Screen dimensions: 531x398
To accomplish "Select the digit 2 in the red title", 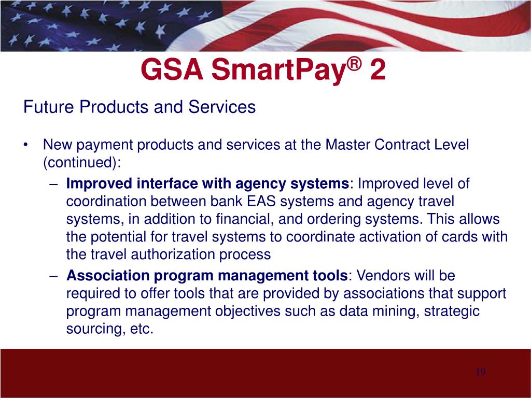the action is (x=378, y=69).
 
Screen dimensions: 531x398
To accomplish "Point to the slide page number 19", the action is (x=481, y=372).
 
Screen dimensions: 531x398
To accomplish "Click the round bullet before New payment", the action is (x=25, y=146).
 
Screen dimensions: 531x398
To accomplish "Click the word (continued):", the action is (x=82, y=163).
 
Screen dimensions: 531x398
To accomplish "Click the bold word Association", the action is (x=108, y=276).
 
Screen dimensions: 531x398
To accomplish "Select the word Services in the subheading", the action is (x=222, y=107).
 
